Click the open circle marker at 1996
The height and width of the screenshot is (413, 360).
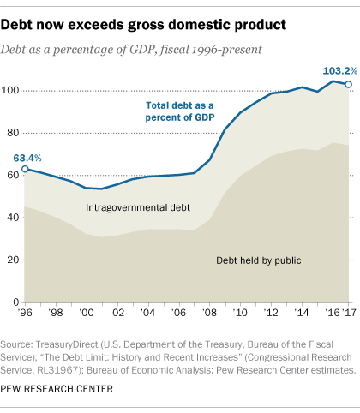tap(25, 146)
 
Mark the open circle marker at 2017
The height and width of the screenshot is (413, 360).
tap(348, 84)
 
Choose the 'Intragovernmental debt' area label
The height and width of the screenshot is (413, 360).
tap(137, 207)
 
